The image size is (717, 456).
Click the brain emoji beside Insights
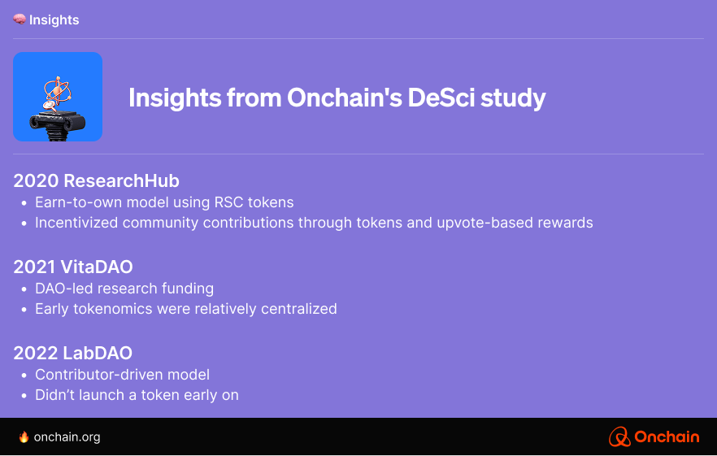[20, 20]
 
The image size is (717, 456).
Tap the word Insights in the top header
[54, 20]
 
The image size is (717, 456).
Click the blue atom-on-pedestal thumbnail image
[58, 97]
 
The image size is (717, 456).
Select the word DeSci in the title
[441, 98]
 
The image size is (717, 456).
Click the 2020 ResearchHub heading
[96, 180]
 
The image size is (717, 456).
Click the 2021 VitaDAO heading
[73, 267]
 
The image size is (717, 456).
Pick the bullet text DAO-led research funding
[124, 289]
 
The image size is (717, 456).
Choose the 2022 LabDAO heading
[72, 353]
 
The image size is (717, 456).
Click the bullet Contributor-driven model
[123, 375]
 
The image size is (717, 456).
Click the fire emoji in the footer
[24, 436]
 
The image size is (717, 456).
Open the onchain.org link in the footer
[67, 437]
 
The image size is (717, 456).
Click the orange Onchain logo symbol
[619, 436]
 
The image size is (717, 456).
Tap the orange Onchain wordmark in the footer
[667, 436]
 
